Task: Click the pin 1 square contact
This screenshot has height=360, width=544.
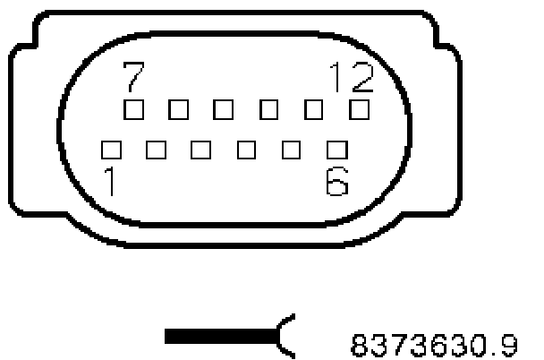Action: click(x=111, y=148)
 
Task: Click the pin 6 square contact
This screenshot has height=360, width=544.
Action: click(x=336, y=148)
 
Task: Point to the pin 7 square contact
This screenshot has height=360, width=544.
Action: click(x=133, y=109)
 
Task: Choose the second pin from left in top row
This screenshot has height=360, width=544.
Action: click(x=178, y=109)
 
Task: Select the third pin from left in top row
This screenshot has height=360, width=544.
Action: click(x=224, y=109)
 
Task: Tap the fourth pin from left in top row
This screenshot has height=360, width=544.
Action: click(x=268, y=109)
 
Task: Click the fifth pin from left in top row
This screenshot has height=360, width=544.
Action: click(x=314, y=109)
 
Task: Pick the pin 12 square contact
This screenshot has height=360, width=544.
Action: click(x=359, y=109)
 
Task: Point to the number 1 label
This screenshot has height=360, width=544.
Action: click(x=110, y=182)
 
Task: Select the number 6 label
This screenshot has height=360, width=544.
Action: click(x=336, y=182)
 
